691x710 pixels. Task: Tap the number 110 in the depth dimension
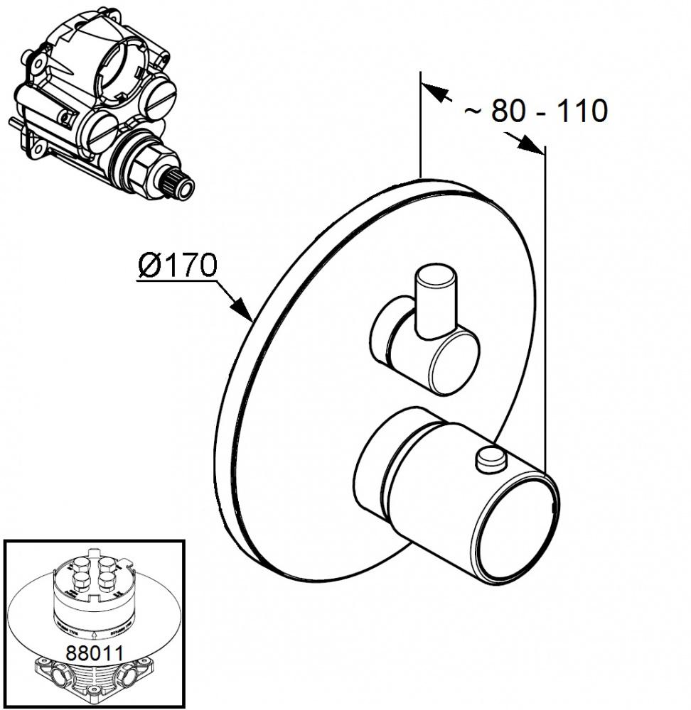coord(581,111)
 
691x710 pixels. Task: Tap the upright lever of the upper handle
coord(435,299)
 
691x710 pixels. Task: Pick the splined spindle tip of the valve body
coord(181,187)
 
